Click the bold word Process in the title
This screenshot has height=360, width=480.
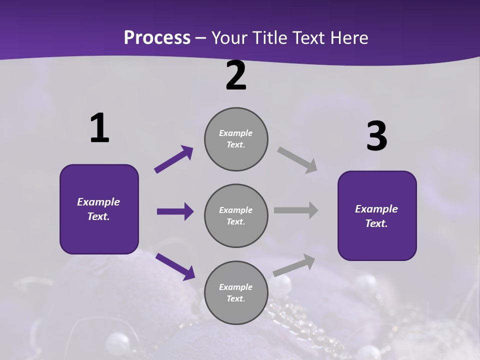157,37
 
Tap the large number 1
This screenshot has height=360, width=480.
99,128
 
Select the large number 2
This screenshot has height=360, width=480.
236,75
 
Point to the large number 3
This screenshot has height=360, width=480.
376,136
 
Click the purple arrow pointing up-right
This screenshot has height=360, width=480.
174,159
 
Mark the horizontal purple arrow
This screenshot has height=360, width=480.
175,211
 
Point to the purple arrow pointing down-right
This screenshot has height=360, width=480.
175,266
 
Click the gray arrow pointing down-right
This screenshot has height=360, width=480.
297,160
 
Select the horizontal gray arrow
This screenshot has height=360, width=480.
296,210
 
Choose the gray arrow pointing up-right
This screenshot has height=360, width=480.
294,265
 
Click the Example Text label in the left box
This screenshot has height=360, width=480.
98,209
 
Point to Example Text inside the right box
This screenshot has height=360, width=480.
376,216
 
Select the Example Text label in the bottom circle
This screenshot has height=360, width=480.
236,292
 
